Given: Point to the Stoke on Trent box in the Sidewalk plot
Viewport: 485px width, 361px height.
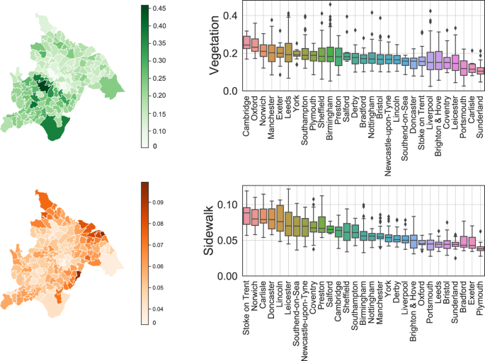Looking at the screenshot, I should pos(246,215).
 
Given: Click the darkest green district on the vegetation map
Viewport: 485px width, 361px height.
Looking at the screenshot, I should pos(44,86).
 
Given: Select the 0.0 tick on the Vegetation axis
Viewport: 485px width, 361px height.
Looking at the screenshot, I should pos(232,91).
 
